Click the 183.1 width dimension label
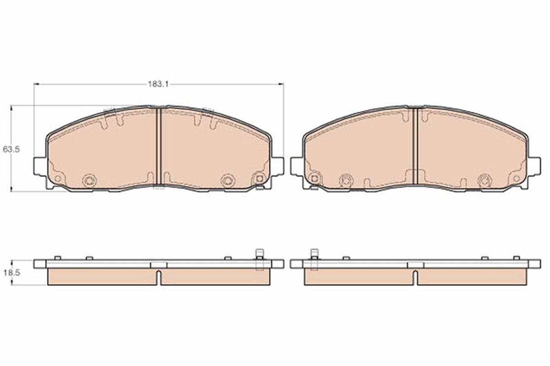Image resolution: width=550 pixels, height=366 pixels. tap(158, 84)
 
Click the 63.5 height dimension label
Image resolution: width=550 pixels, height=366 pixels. tap(11, 149)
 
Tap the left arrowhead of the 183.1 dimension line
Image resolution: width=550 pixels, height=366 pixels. tap(37, 84)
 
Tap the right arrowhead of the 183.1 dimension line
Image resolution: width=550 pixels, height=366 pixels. tap(281, 84)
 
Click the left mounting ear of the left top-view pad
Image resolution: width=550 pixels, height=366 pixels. tap(40, 166)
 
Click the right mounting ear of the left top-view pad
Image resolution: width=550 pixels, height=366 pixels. tap(278, 166)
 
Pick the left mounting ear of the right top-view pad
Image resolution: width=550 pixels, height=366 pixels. tap(297, 166)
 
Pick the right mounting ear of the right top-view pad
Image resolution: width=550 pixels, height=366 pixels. tap(534, 166)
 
